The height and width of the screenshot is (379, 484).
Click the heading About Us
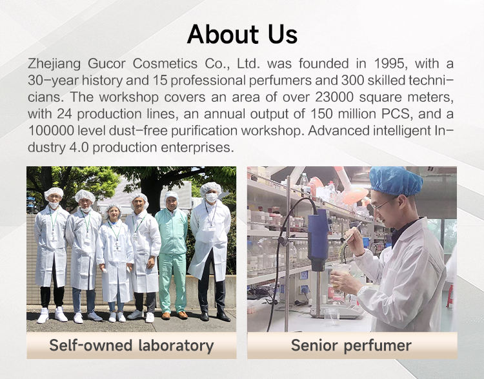point(242,34)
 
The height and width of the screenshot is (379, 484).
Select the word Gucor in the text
point(106,64)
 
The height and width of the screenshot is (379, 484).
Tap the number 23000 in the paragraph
point(334,97)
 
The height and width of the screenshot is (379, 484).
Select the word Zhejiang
point(54,64)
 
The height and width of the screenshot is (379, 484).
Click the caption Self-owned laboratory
point(132,345)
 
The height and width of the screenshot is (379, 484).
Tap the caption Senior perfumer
point(351,345)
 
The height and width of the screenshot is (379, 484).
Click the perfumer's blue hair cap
point(396,181)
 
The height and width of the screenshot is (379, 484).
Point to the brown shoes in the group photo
point(175,315)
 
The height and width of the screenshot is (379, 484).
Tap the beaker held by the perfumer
point(341,275)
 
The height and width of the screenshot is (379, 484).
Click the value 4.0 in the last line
point(79,147)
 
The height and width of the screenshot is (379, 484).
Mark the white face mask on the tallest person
point(211,197)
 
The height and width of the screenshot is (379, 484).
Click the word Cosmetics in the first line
point(165,64)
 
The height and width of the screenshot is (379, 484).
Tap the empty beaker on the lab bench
point(331,316)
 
